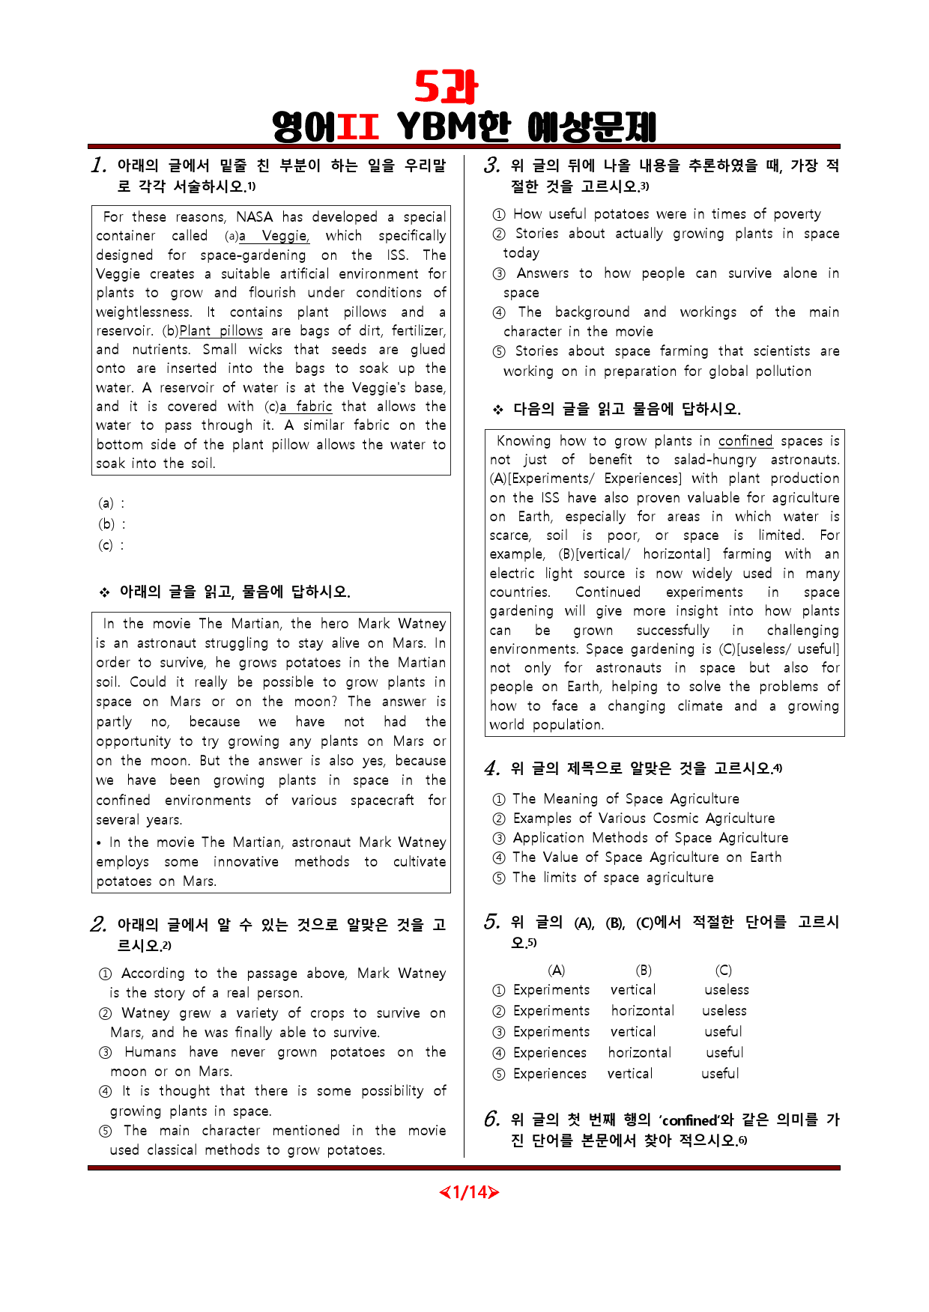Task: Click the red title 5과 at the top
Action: pyautogui.click(x=447, y=88)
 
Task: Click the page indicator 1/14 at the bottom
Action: pyautogui.click(x=469, y=1191)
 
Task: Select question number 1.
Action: pyautogui.click(x=99, y=165)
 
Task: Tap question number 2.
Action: pyautogui.click(x=98, y=925)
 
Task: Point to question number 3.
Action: pyautogui.click(x=491, y=165)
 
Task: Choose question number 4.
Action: pyautogui.click(x=491, y=768)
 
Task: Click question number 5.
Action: pyautogui.click(x=491, y=922)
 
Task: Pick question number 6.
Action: pyautogui.click(x=491, y=1120)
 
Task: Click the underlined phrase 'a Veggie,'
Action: pyautogui.click(x=274, y=236)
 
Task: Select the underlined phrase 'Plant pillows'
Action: pyautogui.click(x=221, y=331)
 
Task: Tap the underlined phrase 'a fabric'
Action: pyautogui.click(x=306, y=407)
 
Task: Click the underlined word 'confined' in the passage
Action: pyautogui.click(x=745, y=441)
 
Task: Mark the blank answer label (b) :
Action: pyautogui.click(x=112, y=524)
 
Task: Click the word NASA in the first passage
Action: pyautogui.click(x=254, y=217)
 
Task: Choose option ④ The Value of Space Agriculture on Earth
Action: pyautogui.click(x=646, y=857)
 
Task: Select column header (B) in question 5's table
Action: pyautogui.click(x=644, y=971)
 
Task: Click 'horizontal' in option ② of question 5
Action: pyautogui.click(x=643, y=1011)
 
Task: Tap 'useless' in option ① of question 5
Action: pyautogui.click(x=726, y=990)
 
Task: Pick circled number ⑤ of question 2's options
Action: pyautogui.click(x=106, y=1132)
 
